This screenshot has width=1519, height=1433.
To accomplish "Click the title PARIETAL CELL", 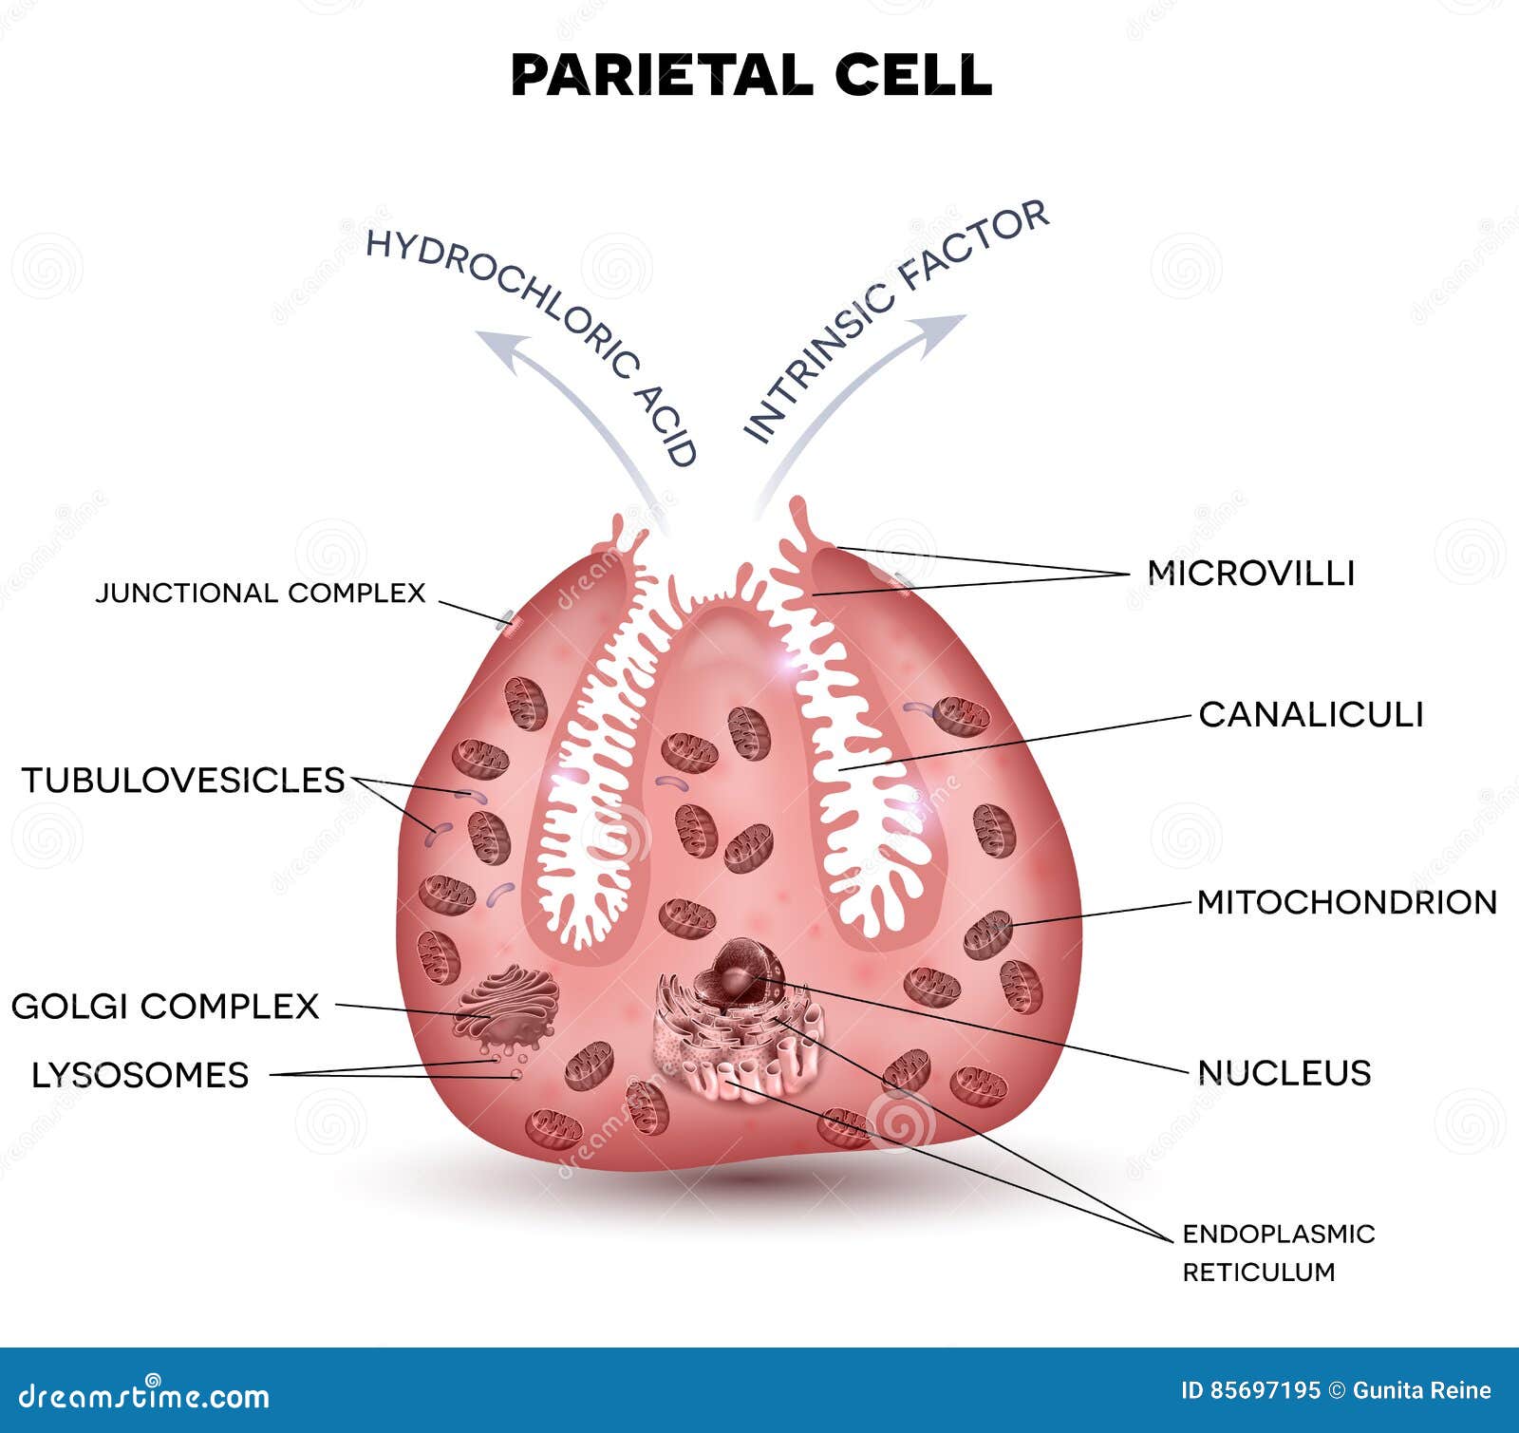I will (751, 74).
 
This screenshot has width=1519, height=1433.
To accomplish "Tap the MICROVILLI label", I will (1250, 573).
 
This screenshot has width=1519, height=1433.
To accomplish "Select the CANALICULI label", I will (1310, 714).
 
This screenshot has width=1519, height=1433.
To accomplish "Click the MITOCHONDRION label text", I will (1346, 902).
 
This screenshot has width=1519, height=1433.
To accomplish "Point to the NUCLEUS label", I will (1284, 1073).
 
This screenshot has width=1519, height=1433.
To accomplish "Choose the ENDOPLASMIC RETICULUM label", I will (1277, 1252).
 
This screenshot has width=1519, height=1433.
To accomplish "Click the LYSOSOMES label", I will (140, 1075).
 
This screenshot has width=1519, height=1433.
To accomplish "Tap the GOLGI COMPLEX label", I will (164, 1006).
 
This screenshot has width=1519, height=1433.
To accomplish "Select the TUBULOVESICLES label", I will (182, 780).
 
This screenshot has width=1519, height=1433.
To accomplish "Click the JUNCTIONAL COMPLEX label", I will (260, 593).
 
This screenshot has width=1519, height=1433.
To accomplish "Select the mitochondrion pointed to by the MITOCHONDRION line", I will (988, 933).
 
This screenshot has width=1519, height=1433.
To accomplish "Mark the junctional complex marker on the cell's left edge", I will (510, 622).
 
